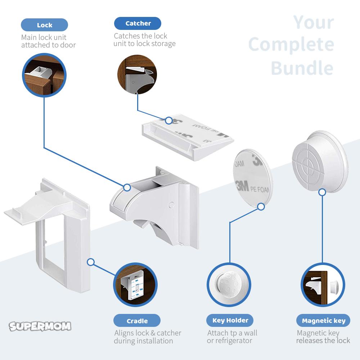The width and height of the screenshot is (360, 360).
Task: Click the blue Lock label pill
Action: [x=44, y=25]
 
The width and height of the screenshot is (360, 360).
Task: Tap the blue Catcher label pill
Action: [x=138, y=23]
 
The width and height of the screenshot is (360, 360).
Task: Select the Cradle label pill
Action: [x=137, y=320]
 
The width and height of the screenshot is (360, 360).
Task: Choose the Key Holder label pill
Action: [x=230, y=320]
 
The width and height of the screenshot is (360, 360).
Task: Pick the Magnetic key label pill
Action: [x=323, y=320]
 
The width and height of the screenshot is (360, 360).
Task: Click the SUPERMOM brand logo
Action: [x=40, y=326]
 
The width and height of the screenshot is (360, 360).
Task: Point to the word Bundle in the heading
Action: [x=302, y=68]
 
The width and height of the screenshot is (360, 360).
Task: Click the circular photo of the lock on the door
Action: [x=44, y=75]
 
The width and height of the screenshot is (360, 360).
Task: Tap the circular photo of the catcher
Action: [x=137, y=75]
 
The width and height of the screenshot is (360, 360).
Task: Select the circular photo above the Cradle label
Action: [x=135, y=285]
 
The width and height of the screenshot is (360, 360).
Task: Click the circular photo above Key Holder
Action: [x=229, y=285]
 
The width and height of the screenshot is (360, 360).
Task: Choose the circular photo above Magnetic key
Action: [x=323, y=285]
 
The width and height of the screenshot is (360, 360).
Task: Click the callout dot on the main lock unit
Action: [x=127, y=187]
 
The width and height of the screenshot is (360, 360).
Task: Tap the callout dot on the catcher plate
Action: [x=169, y=120]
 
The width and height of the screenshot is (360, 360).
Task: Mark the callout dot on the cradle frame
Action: [x=91, y=262]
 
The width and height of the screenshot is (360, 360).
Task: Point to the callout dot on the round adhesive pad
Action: [x=261, y=207]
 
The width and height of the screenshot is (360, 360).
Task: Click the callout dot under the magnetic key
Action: [x=322, y=192]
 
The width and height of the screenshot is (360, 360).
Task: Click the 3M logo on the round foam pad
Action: [x=242, y=186]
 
